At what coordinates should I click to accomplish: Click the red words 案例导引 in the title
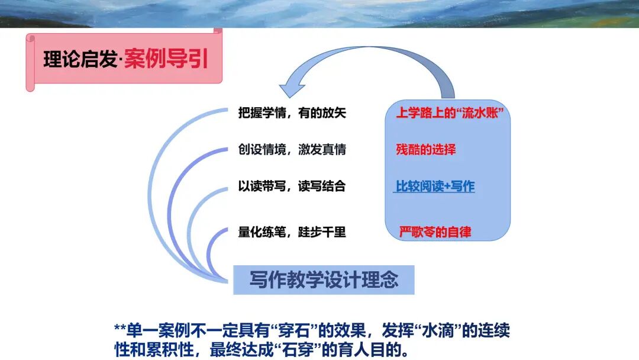[166, 60]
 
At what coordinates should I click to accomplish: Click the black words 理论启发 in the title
[80, 60]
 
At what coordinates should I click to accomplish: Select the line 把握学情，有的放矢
[292, 114]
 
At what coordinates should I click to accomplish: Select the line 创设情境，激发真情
[292, 150]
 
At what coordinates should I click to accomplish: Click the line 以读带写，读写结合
[292, 187]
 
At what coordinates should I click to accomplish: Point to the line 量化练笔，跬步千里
[292, 232]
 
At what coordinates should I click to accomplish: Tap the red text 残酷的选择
[426, 149]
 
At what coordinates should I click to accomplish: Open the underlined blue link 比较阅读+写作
[435, 187]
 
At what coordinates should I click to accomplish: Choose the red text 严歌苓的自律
[435, 232]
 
